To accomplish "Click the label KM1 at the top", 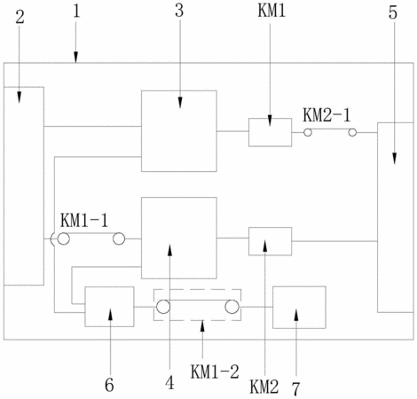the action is (271, 11).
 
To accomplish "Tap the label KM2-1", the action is (327, 115).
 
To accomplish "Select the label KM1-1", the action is (84, 221).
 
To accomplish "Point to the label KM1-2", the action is (215, 372).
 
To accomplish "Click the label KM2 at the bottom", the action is (264, 387).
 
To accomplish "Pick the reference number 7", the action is (295, 388).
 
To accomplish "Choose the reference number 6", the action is (109, 385).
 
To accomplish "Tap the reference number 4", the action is (169, 383).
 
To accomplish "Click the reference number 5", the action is (393, 12).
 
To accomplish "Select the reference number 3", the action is (179, 11).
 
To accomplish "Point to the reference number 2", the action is (20, 17).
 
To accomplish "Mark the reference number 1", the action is (76, 12).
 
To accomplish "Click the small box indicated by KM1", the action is (270, 132).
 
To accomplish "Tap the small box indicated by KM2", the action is (270, 241).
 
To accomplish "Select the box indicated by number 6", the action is (109, 307).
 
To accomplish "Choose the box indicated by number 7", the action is (299, 308).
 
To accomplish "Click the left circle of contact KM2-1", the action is (308, 132).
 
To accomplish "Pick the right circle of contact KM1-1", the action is (119, 239).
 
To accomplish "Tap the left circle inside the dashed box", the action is (163, 307).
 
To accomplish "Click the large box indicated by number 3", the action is (179, 131).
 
